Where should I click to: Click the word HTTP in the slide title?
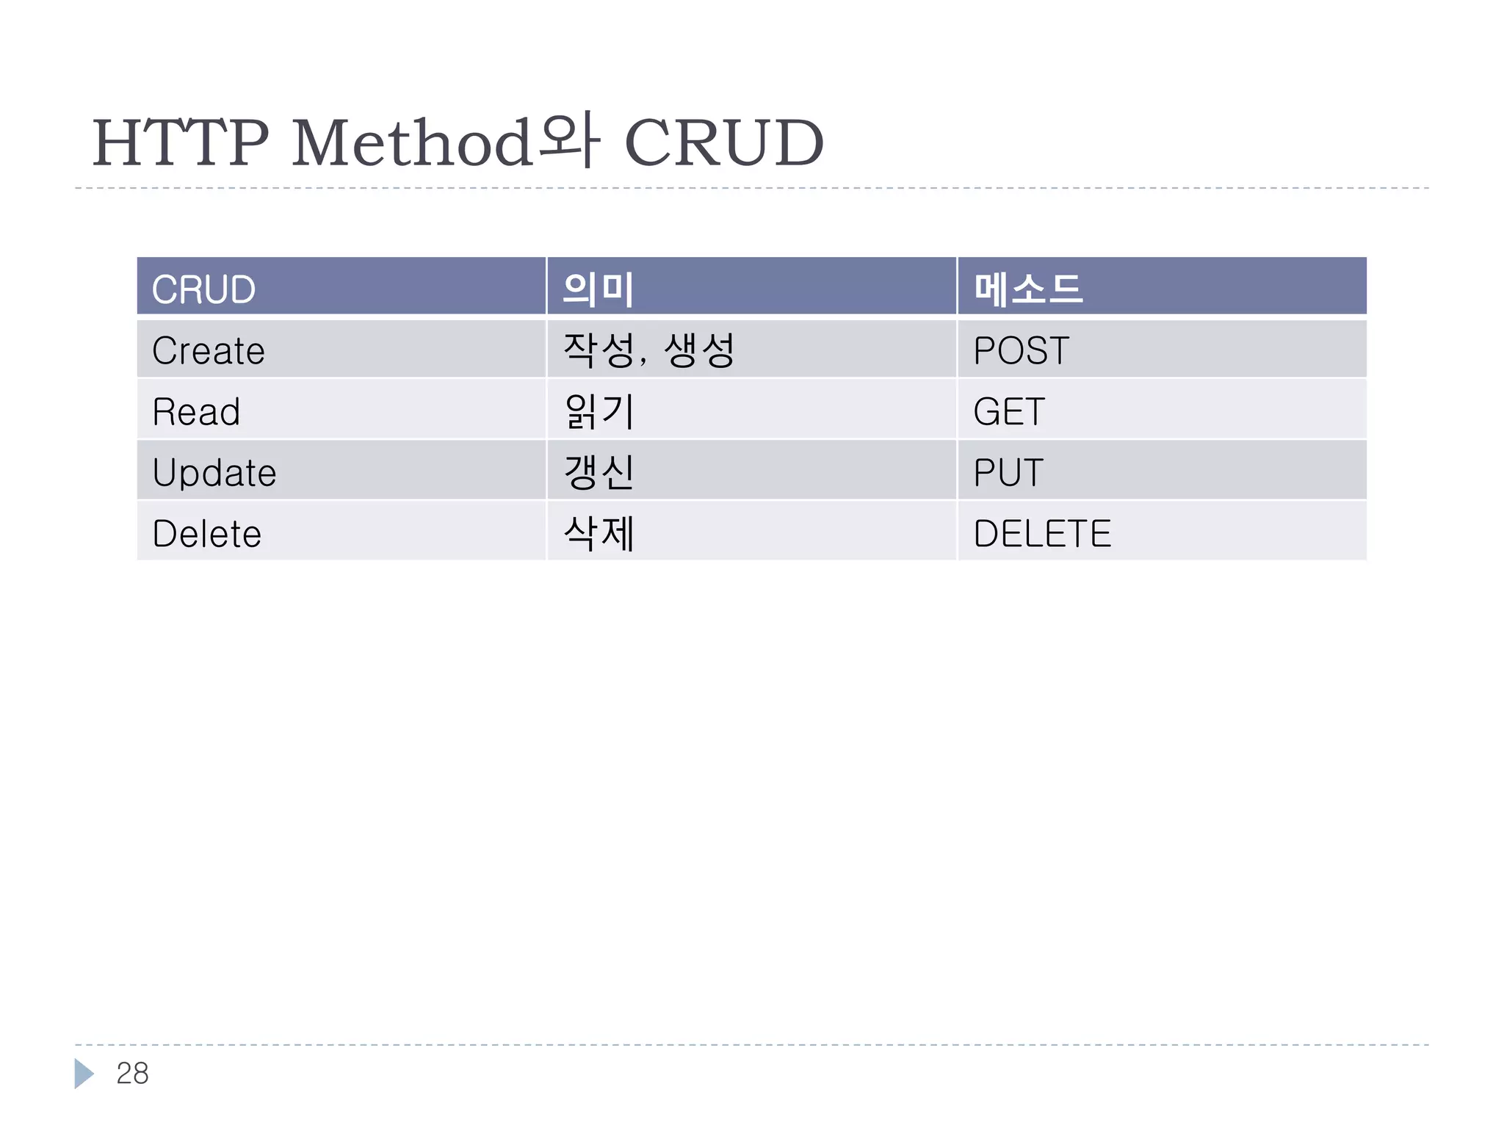(x=181, y=142)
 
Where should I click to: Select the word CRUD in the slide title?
(x=724, y=142)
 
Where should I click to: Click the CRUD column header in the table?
(x=203, y=289)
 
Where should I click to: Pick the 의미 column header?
(x=598, y=289)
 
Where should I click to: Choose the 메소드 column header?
(x=1027, y=289)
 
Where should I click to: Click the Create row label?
(x=209, y=351)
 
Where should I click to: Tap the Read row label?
(x=196, y=412)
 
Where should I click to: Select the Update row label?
(x=214, y=473)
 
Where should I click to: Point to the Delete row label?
(x=207, y=534)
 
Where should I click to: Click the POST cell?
(x=1021, y=351)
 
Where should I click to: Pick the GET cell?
(x=1008, y=412)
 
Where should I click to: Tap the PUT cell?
(x=1008, y=473)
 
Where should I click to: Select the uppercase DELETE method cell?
(x=1042, y=534)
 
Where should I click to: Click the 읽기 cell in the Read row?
(x=599, y=412)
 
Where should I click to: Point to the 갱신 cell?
(x=599, y=473)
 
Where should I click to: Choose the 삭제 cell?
(x=599, y=534)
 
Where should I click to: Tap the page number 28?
(x=132, y=1074)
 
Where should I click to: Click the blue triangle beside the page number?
(x=84, y=1074)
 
